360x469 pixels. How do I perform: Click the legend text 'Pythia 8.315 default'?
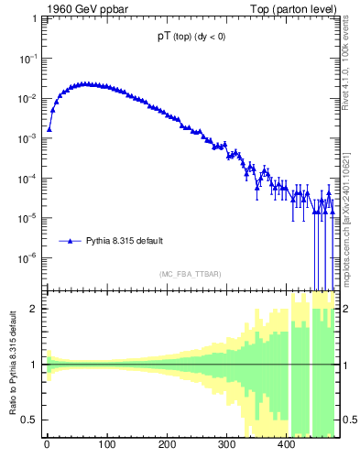click(125, 241)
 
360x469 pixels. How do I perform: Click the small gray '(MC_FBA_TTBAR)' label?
click(191, 274)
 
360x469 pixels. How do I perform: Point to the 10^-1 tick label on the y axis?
click(27, 58)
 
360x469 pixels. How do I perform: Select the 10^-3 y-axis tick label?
click(27, 138)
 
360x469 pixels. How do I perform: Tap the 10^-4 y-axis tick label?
click(27, 179)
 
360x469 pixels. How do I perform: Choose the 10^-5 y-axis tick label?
click(27, 219)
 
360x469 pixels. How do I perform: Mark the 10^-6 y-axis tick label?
click(27, 258)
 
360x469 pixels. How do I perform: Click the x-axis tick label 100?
click(106, 448)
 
